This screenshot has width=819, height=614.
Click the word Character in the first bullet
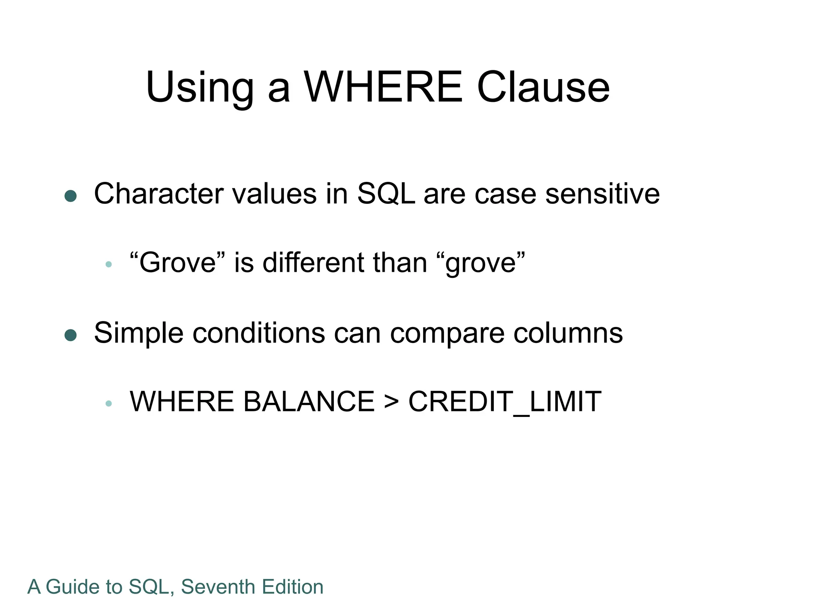tap(158, 194)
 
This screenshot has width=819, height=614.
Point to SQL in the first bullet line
tap(386, 194)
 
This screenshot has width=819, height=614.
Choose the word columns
tap(568, 333)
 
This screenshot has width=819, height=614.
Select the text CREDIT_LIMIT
tap(505, 401)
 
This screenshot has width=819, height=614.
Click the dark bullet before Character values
tap(71, 196)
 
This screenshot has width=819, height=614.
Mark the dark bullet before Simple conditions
tap(71, 335)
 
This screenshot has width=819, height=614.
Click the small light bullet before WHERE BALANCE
tap(108, 403)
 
